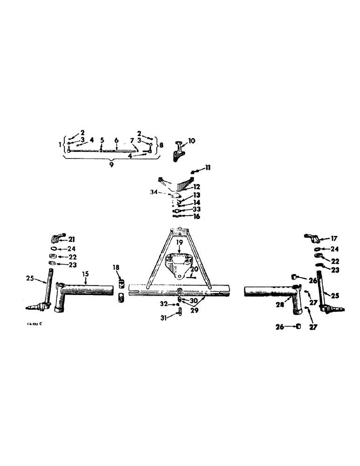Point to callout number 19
coord(179,243)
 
